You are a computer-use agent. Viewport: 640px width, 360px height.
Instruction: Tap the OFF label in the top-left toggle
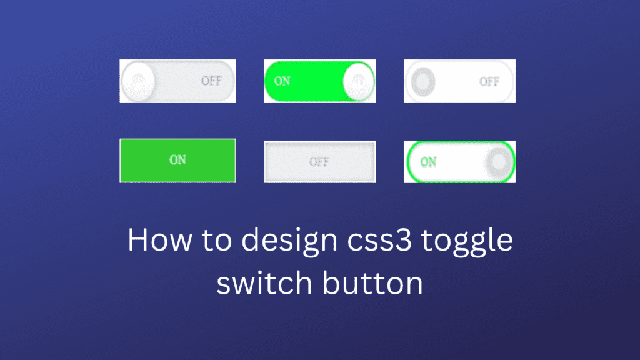click(211, 81)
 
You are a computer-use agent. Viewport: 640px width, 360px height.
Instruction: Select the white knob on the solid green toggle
click(358, 81)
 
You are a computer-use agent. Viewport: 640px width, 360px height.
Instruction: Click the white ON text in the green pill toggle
click(282, 81)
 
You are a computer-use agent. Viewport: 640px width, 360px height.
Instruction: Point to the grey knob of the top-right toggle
click(422, 81)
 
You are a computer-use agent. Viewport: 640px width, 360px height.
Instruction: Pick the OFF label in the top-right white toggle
click(489, 81)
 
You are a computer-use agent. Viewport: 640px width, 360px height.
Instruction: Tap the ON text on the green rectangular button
click(177, 160)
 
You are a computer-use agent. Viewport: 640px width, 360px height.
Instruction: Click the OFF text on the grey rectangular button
click(319, 162)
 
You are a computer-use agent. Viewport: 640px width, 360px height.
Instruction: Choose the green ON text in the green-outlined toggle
click(429, 162)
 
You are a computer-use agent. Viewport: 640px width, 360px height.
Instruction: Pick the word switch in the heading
click(261, 284)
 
